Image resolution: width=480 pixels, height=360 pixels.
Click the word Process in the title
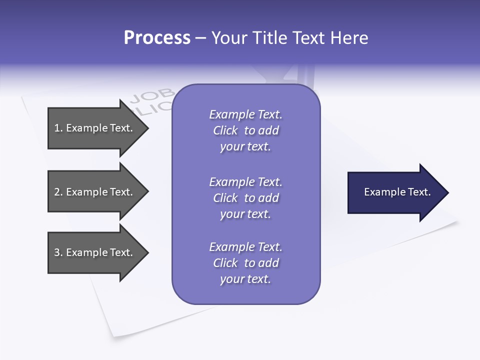point(157,38)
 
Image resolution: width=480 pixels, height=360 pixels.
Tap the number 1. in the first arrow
point(58,128)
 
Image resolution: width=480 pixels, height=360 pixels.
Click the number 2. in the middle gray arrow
point(58,192)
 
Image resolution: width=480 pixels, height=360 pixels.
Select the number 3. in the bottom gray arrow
point(58,252)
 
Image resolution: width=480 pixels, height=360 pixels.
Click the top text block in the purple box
point(245,130)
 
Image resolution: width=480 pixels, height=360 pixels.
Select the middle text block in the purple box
point(245,198)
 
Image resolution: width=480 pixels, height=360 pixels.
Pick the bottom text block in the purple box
point(245,263)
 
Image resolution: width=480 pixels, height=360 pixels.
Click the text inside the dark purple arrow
point(397,192)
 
